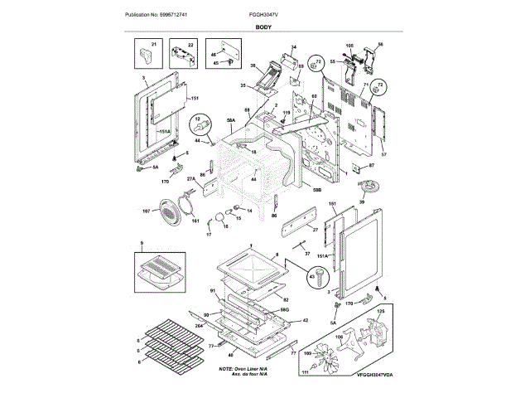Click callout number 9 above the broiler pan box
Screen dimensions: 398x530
coord(142,244)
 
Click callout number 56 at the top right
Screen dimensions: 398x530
coord(380,44)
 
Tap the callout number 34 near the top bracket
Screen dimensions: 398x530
coord(292,47)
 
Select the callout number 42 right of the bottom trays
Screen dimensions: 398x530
coord(306,320)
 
